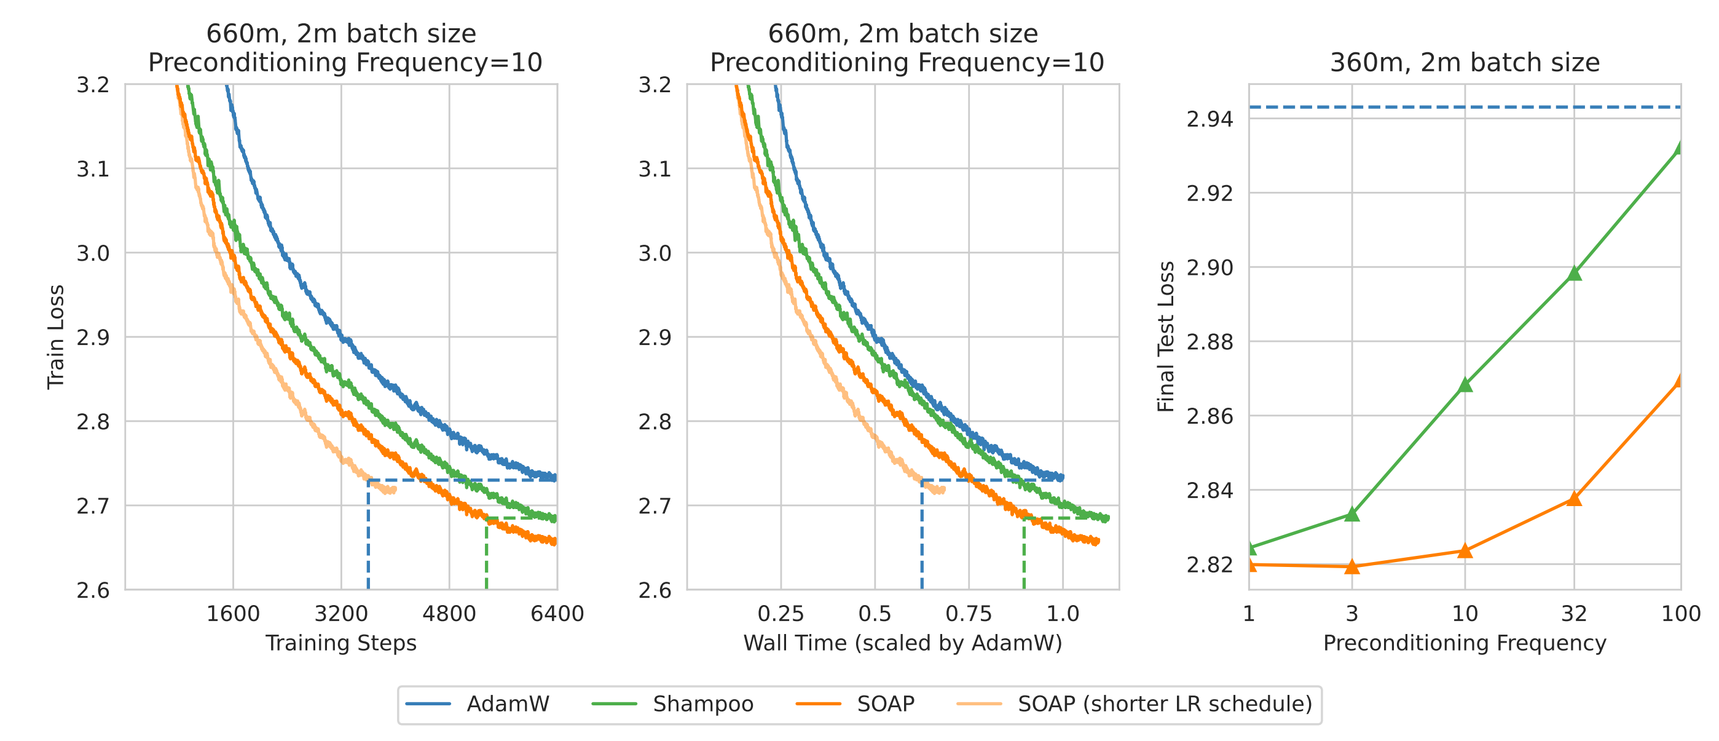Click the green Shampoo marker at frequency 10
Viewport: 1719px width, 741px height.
(x=1465, y=385)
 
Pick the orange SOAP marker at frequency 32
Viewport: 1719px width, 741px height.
(x=1574, y=499)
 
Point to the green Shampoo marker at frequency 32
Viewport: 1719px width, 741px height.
(x=1574, y=273)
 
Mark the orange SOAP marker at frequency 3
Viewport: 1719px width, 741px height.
(x=1352, y=567)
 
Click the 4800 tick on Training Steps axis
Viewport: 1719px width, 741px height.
(x=449, y=614)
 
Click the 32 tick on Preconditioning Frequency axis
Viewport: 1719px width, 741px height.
(x=1574, y=614)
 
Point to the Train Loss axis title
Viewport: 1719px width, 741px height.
(x=56, y=337)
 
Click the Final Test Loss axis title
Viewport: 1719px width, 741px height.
(x=1166, y=337)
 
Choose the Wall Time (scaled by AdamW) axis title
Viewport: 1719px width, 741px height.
(x=902, y=643)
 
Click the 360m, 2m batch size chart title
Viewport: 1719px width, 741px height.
(x=1465, y=63)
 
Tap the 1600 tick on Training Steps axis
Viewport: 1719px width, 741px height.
(x=233, y=614)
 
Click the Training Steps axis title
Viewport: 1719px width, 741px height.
(x=341, y=643)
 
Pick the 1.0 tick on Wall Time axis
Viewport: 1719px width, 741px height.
(x=1063, y=614)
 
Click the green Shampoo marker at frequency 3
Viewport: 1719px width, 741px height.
(x=1352, y=514)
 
